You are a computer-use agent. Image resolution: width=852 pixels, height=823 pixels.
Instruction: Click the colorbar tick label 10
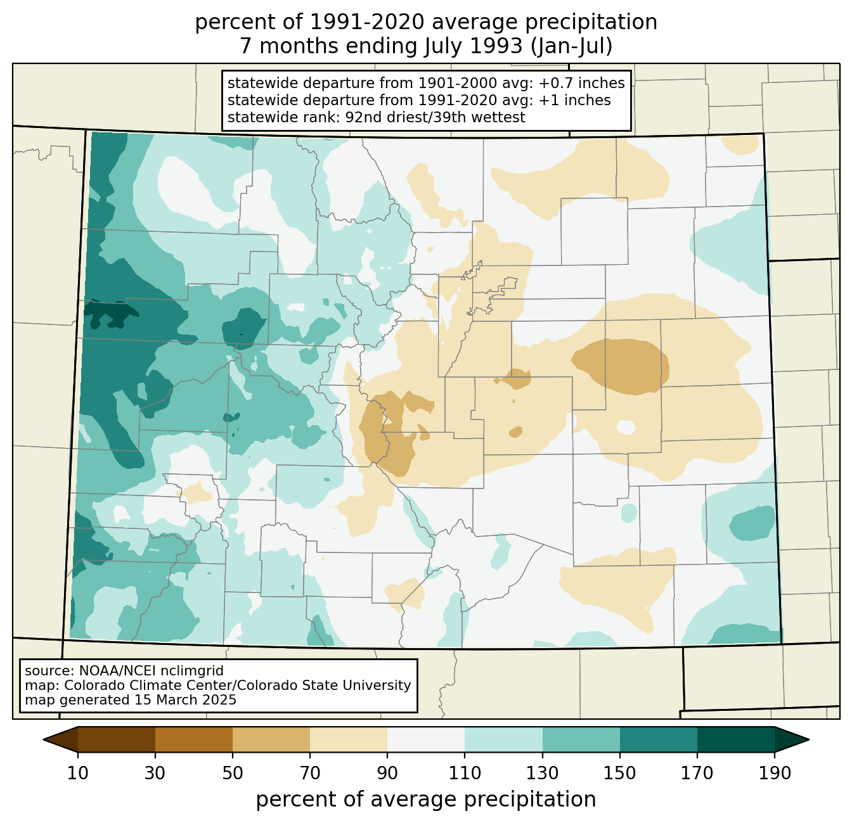tap(77, 773)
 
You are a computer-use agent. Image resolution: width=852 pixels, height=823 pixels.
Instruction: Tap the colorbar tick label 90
tap(387, 773)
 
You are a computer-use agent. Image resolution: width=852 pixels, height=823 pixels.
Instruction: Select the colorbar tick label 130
tap(542, 773)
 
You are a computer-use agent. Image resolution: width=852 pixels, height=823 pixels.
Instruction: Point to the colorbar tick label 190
tap(775, 773)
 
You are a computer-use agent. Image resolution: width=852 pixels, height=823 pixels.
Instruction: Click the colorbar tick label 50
tap(233, 773)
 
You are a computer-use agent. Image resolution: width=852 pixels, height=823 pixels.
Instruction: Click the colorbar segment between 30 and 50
tap(193, 739)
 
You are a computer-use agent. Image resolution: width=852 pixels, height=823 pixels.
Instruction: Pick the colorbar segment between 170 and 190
tap(735, 739)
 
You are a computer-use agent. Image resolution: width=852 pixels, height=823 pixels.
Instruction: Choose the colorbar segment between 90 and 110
tap(426, 739)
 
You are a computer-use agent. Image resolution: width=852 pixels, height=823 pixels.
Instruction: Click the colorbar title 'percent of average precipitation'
tap(426, 800)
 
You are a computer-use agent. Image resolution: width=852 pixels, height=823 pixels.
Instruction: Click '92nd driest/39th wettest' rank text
tap(435, 117)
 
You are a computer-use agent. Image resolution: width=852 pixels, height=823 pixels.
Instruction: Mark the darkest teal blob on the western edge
tap(110, 314)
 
